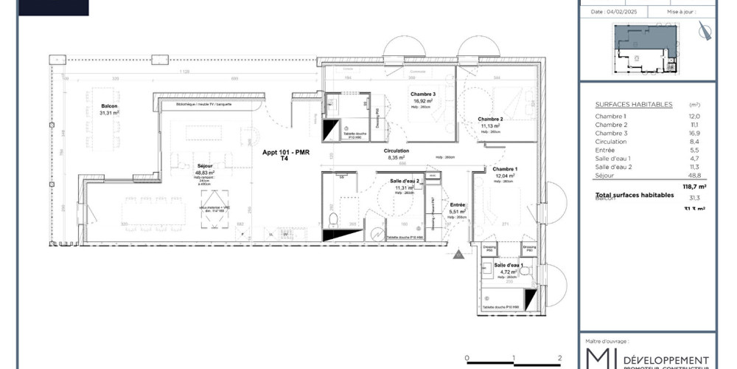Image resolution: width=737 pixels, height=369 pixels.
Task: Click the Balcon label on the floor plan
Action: tap(110, 106)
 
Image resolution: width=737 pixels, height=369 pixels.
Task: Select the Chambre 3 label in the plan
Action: tap(423, 94)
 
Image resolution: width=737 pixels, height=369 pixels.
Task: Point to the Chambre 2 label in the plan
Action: tap(490, 119)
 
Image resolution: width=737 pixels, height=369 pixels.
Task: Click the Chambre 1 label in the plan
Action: tap(505, 169)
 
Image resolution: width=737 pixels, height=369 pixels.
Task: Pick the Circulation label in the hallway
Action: tap(396, 151)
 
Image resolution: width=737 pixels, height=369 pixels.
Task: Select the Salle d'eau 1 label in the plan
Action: tap(509, 265)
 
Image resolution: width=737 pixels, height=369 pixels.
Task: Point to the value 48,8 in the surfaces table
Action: tap(694, 176)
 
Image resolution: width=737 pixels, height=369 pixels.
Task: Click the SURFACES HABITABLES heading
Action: tap(623, 105)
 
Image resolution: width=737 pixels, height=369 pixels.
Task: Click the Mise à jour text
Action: tap(680, 12)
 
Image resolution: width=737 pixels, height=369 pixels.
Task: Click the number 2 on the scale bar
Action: tap(560, 357)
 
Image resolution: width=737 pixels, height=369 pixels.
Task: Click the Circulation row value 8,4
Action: tap(694, 142)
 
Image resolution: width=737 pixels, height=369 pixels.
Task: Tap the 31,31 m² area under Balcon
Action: tap(110, 113)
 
